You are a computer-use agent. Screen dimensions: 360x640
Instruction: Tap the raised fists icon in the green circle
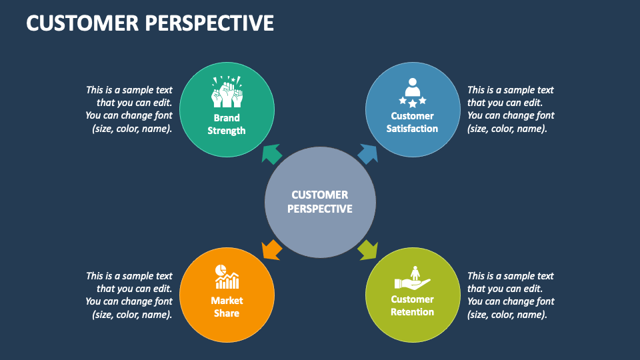[x=227, y=93]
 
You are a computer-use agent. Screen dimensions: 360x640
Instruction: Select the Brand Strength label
[x=227, y=125]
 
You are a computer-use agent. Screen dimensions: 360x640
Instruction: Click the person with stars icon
[x=413, y=93]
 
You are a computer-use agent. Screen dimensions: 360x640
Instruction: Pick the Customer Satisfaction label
[x=413, y=122]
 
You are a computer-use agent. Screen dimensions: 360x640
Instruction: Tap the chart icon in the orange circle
[x=227, y=276]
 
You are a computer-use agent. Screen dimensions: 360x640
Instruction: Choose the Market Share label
[x=227, y=307]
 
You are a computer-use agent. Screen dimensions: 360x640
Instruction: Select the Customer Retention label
[x=413, y=305]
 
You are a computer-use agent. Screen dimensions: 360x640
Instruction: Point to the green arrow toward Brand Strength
[x=271, y=154]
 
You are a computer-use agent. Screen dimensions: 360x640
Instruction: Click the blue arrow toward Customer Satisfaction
[x=368, y=153]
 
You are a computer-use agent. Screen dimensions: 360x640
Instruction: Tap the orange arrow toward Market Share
[x=271, y=249]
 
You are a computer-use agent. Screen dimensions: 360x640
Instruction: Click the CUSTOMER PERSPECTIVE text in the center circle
[x=320, y=201]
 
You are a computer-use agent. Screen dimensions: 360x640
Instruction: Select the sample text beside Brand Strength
[x=129, y=109]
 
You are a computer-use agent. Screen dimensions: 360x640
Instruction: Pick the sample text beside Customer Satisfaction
[x=511, y=109]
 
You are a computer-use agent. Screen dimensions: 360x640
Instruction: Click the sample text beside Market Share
[x=129, y=295]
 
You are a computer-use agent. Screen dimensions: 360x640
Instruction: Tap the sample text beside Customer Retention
[x=511, y=295]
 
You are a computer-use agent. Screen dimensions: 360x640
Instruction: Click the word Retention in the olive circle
[x=413, y=312]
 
